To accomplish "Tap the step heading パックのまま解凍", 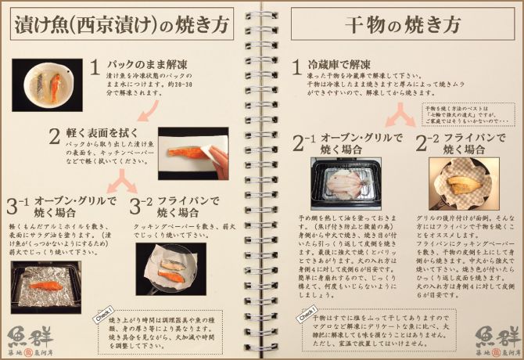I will [x=149, y=63].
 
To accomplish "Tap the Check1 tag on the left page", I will [x=103, y=320].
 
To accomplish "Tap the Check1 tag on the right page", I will [x=306, y=317].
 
